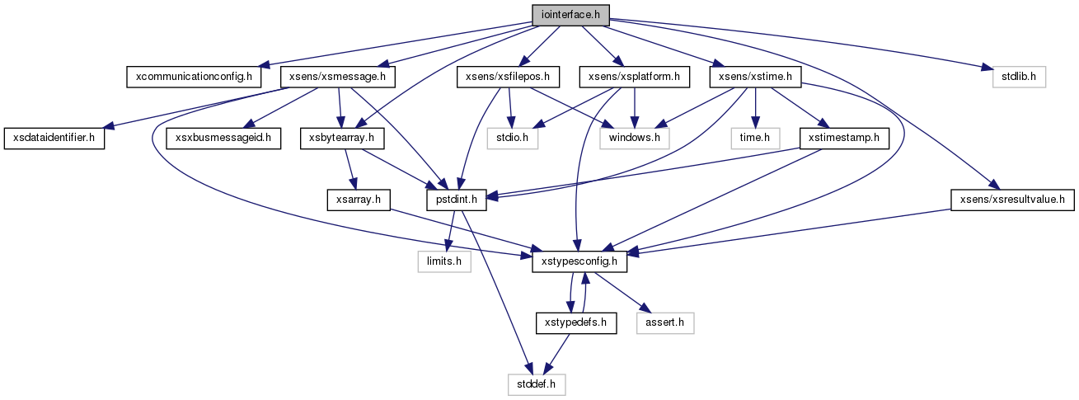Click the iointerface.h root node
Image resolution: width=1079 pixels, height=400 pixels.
click(570, 15)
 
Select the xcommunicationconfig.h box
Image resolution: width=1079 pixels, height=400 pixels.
click(194, 77)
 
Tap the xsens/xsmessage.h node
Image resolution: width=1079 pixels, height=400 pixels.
click(338, 77)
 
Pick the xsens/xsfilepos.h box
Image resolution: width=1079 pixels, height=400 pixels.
click(509, 77)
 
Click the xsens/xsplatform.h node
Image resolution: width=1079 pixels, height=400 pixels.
click(635, 77)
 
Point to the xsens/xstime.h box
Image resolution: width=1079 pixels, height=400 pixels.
click(755, 77)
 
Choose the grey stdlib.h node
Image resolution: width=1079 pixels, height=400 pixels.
click(1019, 77)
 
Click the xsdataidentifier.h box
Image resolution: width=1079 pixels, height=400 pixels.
click(54, 139)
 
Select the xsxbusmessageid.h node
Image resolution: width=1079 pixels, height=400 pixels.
click(223, 139)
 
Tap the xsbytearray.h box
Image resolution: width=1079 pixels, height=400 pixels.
click(342, 139)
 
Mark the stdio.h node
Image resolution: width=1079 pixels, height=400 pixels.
click(512, 139)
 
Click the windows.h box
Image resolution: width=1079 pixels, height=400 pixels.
click(635, 139)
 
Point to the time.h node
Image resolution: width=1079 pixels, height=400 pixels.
click(755, 139)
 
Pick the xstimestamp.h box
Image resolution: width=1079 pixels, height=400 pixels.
click(844, 139)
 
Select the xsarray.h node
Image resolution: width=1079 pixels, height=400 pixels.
click(359, 200)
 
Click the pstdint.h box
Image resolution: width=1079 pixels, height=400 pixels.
click(456, 200)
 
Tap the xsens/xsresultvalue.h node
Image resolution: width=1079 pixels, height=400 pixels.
click(1012, 200)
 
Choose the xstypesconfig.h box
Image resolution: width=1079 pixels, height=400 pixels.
click(579, 261)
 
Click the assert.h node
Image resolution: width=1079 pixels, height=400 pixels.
click(664, 323)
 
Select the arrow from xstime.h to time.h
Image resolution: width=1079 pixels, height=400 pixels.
click(755, 108)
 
